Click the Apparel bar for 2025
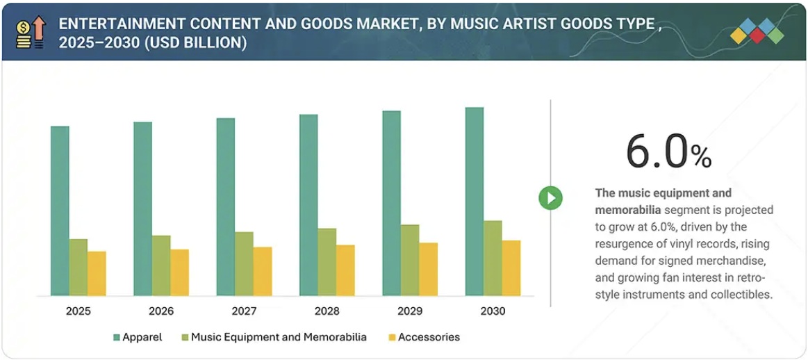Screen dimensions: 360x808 (x=60, y=211)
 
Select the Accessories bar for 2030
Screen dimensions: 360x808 (x=511, y=268)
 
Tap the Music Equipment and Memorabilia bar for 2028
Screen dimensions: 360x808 (x=327, y=262)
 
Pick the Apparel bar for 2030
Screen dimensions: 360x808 (x=475, y=202)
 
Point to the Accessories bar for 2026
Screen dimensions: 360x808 (x=179, y=272)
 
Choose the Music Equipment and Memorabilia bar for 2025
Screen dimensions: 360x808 (x=79, y=268)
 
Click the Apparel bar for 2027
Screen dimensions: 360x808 (x=226, y=207)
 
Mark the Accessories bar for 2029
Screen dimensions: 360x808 (x=429, y=269)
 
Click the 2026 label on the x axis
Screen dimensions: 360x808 (x=161, y=311)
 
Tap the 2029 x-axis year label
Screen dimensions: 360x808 (x=410, y=311)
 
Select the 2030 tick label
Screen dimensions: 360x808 (x=493, y=311)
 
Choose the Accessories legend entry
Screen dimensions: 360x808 (x=424, y=337)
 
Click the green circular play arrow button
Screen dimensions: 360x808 (x=550, y=198)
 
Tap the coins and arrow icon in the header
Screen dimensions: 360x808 (x=30, y=32)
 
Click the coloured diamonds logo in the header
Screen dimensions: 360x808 (x=757, y=31)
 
